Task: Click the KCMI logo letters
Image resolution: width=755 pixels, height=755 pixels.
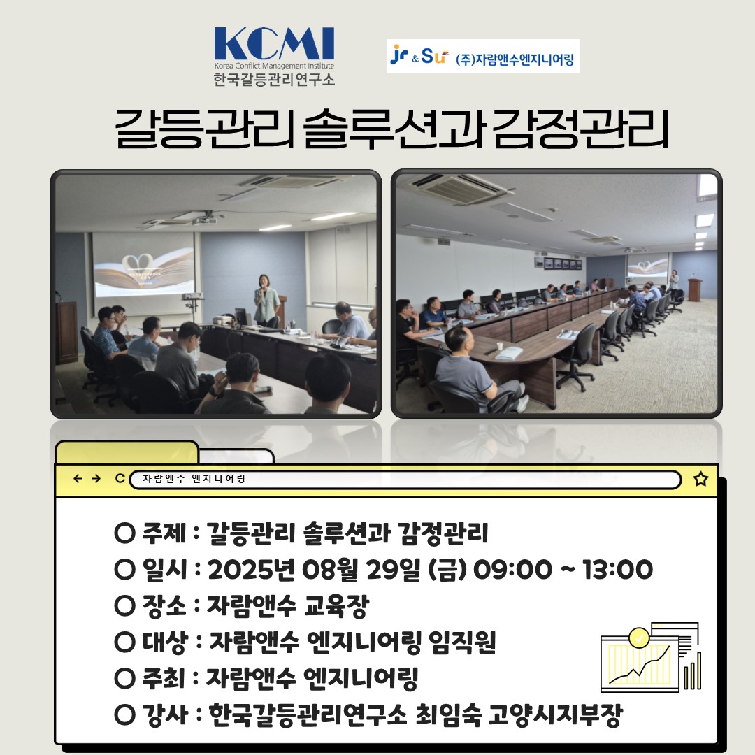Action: click(274, 43)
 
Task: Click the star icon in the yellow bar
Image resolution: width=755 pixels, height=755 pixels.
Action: click(700, 479)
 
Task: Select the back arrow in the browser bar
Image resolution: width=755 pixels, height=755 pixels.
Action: click(78, 478)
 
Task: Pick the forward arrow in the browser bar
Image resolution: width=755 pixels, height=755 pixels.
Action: click(96, 478)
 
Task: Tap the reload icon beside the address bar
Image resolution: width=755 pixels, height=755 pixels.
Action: click(120, 478)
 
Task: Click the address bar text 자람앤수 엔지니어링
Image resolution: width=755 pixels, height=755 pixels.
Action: click(194, 479)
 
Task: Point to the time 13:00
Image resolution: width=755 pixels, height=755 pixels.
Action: click(618, 569)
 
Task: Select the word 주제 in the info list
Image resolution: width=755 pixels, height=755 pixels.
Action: click(164, 533)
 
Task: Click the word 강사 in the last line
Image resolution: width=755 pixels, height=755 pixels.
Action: click(164, 714)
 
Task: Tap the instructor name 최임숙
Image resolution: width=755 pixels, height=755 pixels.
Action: click(448, 714)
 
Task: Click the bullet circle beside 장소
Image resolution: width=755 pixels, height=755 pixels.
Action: click(124, 605)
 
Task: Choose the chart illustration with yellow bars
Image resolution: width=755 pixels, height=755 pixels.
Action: click(651, 656)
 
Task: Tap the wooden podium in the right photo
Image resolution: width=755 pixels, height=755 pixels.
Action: click(694, 290)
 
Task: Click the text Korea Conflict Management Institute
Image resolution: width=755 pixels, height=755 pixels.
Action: click(274, 66)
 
